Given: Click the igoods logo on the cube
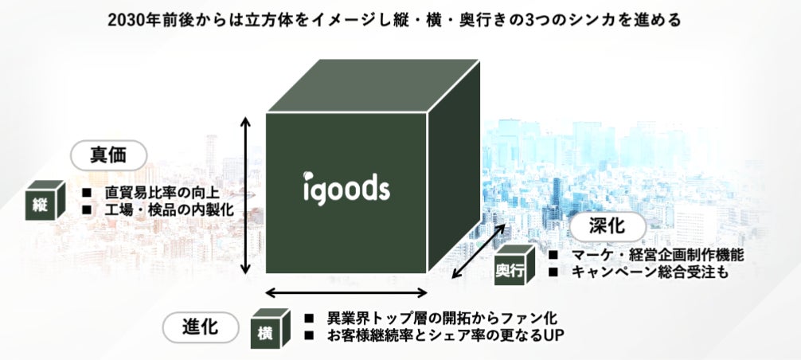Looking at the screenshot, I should tap(346, 188).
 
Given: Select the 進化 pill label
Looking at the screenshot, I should tap(201, 327).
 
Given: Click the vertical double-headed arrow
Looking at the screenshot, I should tap(247, 194).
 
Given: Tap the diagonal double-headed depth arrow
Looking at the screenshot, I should tap(479, 251).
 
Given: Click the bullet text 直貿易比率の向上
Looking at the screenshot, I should tap(162, 193).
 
